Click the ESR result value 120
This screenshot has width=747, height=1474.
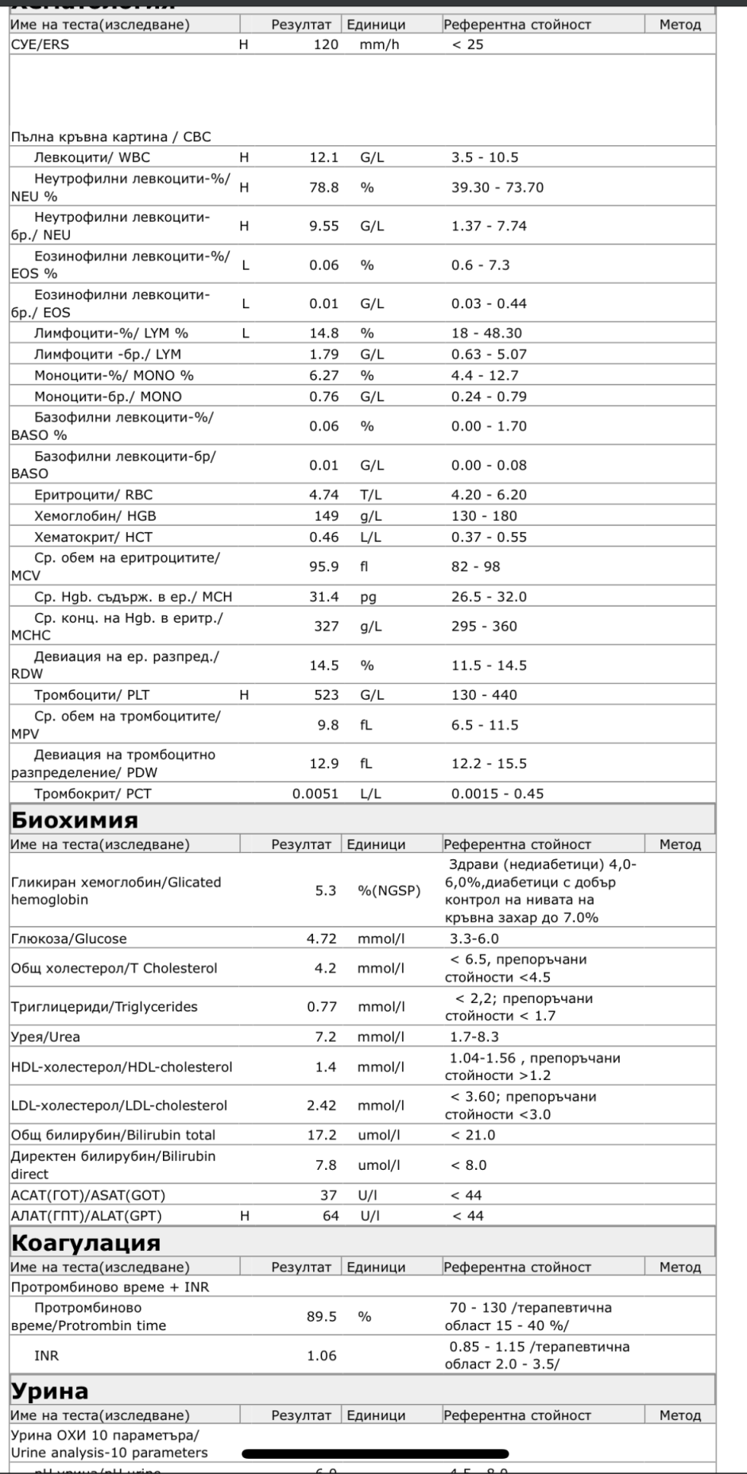pos(326,44)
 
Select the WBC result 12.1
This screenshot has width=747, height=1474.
pos(323,157)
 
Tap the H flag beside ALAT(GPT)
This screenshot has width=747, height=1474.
pos(245,1216)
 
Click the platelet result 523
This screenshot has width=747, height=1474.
pos(326,695)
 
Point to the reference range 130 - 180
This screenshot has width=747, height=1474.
pos(484,515)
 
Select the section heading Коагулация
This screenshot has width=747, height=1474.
pos(86,1242)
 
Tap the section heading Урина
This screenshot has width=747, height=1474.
pos(49,1391)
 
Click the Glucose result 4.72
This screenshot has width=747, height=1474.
pos(322,939)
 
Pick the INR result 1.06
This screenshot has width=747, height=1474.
pos(322,1356)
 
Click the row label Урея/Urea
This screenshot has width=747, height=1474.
pos(45,1036)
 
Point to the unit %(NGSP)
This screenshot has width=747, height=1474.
pos(389,891)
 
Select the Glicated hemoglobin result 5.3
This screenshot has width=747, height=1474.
pos(326,891)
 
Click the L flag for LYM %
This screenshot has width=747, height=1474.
pos(246,334)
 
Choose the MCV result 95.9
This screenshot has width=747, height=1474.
pos(323,566)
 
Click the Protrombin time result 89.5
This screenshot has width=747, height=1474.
pos(322,1317)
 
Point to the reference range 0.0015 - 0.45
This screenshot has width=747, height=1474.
pos(497,793)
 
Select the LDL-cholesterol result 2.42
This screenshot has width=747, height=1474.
pos(322,1105)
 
